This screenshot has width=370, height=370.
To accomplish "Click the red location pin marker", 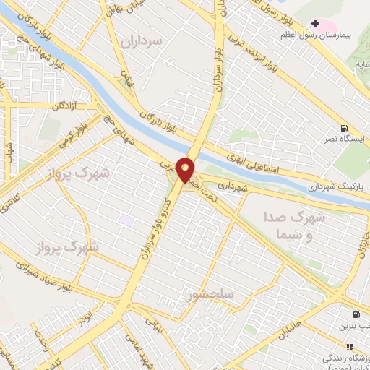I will pos(186,171).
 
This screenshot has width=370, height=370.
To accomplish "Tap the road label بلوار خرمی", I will pos(74,131).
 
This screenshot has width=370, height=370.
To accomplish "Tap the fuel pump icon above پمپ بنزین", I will pos(356,315).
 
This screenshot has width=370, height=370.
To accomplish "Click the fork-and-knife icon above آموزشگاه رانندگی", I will pos(351,347).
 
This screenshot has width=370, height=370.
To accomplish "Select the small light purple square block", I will pos(127,219).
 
